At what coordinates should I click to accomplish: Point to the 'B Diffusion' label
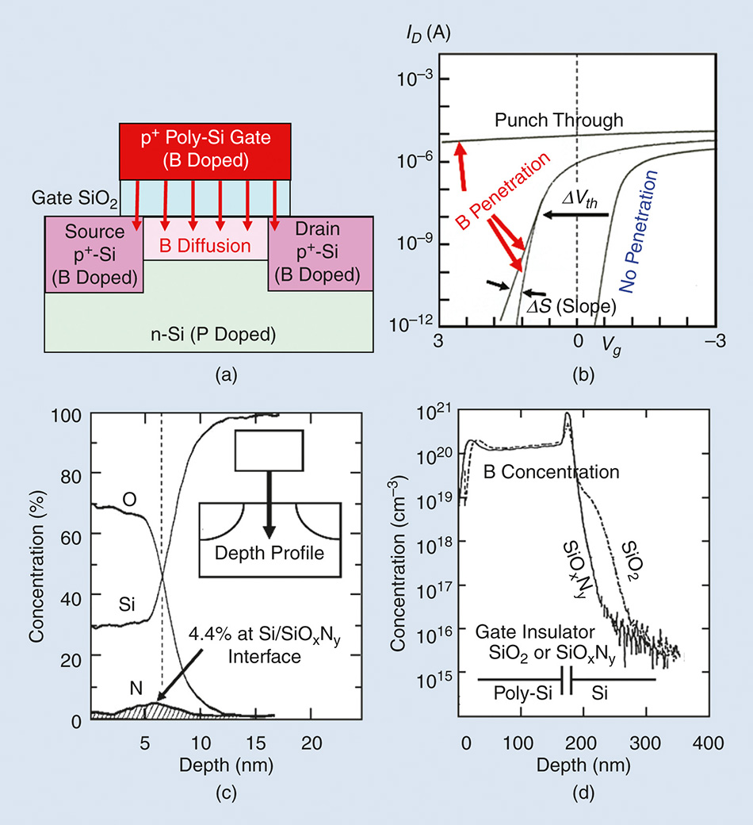click(x=206, y=246)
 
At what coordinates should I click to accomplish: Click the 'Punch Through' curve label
click(x=559, y=120)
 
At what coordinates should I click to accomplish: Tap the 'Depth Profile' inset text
click(x=272, y=553)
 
